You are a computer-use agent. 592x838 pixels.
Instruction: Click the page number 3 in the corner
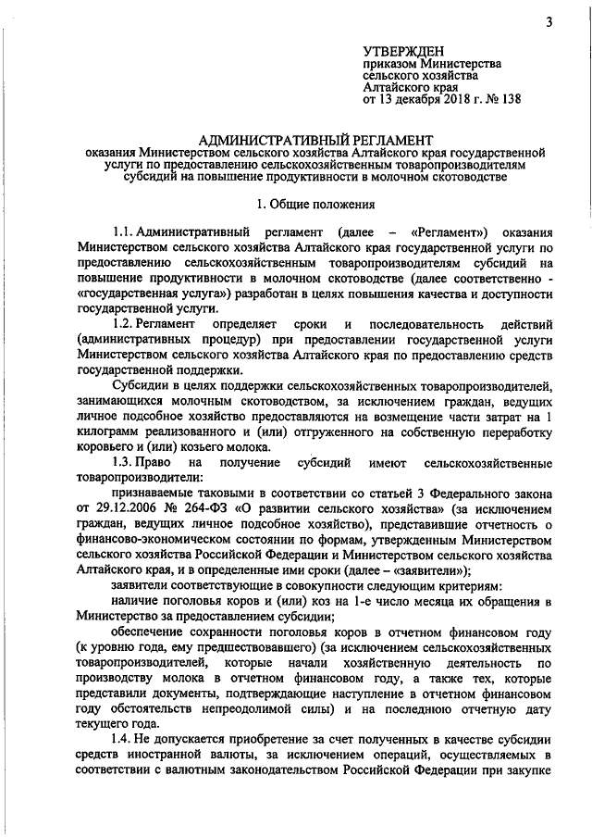pyautogui.click(x=549, y=23)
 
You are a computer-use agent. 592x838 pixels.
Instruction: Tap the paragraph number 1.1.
pyautogui.click(x=123, y=231)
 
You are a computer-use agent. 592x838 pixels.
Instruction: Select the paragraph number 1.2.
pyautogui.click(x=123, y=325)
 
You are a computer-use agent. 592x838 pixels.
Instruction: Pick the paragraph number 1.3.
pyautogui.click(x=123, y=460)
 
